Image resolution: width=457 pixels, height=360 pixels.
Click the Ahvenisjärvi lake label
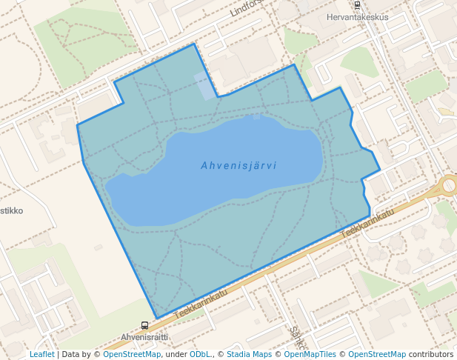(238, 166)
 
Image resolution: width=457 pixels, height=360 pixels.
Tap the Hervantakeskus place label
(357, 16)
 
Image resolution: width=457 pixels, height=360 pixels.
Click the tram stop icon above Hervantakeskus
(357, 4)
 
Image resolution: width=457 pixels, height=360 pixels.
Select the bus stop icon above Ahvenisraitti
(144, 325)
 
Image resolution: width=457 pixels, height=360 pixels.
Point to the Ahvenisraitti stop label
(144, 336)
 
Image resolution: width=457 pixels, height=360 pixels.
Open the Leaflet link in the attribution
(41, 354)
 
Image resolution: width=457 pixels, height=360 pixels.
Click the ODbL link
(200, 354)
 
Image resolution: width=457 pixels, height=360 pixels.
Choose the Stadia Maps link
(249, 354)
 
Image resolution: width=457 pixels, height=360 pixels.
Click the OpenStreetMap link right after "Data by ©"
(132, 354)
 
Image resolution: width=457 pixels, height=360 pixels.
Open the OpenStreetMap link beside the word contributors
(377, 354)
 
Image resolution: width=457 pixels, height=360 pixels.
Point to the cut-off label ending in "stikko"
(11, 210)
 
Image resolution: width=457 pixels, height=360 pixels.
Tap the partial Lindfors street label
(247, 8)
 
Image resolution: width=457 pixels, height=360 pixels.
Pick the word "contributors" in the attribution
(431, 354)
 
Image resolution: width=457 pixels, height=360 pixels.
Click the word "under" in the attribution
(176, 354)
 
